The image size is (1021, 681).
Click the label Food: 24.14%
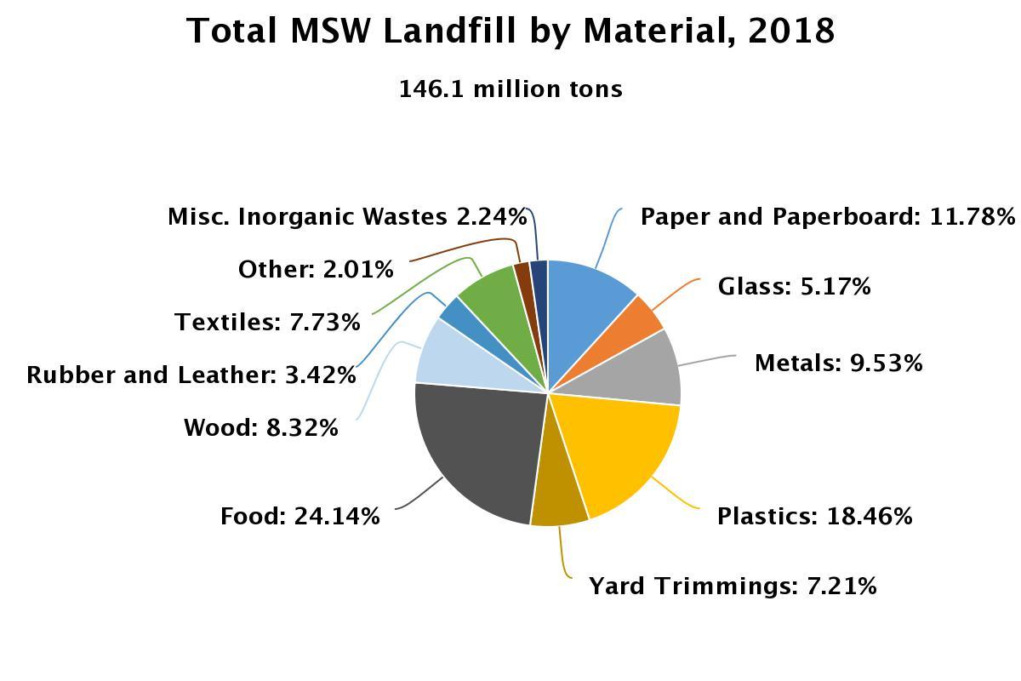(x=299, y=516)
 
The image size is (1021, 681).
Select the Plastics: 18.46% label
(x=814, y=516)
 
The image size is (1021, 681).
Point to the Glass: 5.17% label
(x=794, y=286)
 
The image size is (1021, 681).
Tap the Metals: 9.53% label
(x=838, y=363)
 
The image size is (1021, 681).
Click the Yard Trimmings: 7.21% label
(x=733, y=586)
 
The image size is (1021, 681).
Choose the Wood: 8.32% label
(x=260, y=427)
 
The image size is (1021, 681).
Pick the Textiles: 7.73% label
(x=267, y=322)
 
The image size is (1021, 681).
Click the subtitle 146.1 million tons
(x=510, y=89)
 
